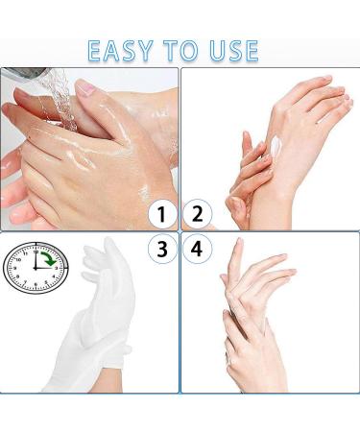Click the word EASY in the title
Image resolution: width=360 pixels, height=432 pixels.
(120, 51)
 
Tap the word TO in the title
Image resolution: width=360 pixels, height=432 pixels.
(180, 51)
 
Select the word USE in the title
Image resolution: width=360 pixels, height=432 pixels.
(233, 51)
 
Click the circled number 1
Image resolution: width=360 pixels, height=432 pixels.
(162, 214)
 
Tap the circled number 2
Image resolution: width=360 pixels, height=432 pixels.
(198, 214)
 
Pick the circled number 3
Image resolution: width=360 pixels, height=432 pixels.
(162, 249)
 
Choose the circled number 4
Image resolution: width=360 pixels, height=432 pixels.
(197, 249)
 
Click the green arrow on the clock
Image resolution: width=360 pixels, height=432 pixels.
(49, 258)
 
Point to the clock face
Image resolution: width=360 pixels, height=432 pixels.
(36, 268)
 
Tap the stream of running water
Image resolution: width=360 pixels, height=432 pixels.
(60, 99)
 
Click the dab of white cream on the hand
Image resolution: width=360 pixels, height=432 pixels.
(276, 146)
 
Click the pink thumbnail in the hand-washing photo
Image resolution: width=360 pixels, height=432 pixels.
(84, 87)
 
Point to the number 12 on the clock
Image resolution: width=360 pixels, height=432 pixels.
(36, 252)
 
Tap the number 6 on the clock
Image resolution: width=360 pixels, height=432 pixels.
(36, 284)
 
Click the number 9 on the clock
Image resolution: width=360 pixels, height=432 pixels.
(14, 268)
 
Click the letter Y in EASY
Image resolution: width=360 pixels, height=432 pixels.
(145, 51)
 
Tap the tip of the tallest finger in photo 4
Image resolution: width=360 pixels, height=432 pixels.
(238, 239)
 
